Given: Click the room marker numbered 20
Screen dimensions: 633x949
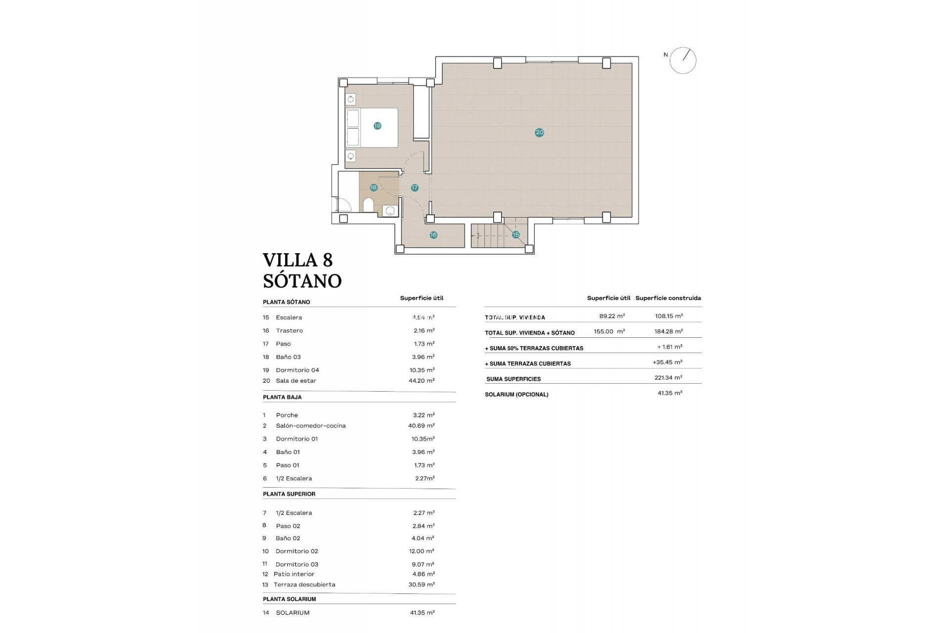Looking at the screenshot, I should pyautogui.click(x=539, y=132).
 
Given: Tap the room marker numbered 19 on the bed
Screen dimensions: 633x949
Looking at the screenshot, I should pyautogui.click(x=377, y=126).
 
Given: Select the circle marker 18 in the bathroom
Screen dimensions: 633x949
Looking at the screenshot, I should pyautogui.click(x=373, y=187).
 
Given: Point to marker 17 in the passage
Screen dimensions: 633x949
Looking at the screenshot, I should pyautogui.click(x=415, y=187).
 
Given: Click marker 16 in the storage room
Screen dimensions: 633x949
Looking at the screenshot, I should pyautogui.click(x=433, y=235).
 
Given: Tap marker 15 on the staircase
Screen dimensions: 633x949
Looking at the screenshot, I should pyautogui.click(x=516, y=234).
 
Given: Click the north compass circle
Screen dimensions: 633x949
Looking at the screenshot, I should pyautogui.click(x=683, y=60).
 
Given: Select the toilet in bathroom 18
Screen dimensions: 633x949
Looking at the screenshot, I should pyautogui.click(x=368, y=205).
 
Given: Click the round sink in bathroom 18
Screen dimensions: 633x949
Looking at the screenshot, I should pyautogui.click(x=390, y=211).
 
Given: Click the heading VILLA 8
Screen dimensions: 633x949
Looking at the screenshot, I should pyautogui.click(x=298, y=260).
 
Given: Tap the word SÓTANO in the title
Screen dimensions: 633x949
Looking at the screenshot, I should pyautogui.click(x=302, y=281).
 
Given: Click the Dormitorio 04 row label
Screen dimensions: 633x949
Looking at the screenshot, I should pyautogui.click(x=297, y=370).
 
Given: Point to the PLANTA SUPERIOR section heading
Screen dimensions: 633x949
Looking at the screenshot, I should pyautogui.click(x=289, y=494).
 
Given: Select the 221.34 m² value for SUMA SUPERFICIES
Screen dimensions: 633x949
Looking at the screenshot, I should pyautogui.click(x=668, y=377).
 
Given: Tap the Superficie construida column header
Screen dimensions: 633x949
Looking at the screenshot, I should pyautogui.click(x=668, y=298).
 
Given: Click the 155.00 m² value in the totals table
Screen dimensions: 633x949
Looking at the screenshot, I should pyautogui.click(x=609, y=331).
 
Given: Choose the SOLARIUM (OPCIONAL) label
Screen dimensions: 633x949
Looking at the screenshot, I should pyautogui.click(x=517, y=395).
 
